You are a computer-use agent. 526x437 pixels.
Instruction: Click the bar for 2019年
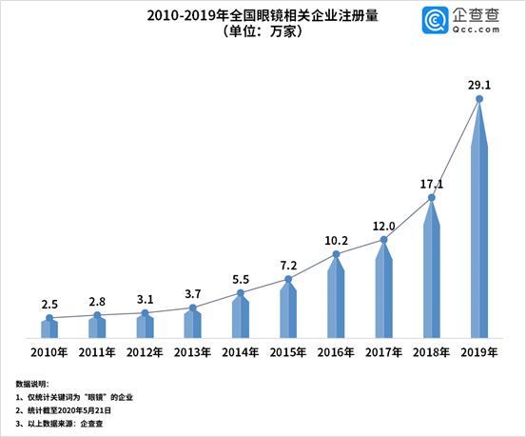[x=479, y=228]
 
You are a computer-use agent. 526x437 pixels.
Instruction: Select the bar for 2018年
[x=432, y=276]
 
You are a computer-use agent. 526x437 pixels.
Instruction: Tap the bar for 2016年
[x=336, y=300]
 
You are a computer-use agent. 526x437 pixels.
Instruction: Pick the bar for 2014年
[x=241, y=317]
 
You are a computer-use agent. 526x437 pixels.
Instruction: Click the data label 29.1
[x=479, y=82]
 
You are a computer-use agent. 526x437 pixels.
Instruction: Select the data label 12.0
[x=383, y=225]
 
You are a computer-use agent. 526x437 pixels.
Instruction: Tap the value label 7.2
[x=288, y=264]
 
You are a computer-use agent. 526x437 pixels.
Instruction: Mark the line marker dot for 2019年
[x=479, y=98]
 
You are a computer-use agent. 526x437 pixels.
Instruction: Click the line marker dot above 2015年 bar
[x=288, y=279]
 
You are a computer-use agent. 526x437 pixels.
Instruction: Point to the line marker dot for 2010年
[x=49, y=317]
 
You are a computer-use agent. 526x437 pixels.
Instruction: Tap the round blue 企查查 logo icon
[x=438, y=20]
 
